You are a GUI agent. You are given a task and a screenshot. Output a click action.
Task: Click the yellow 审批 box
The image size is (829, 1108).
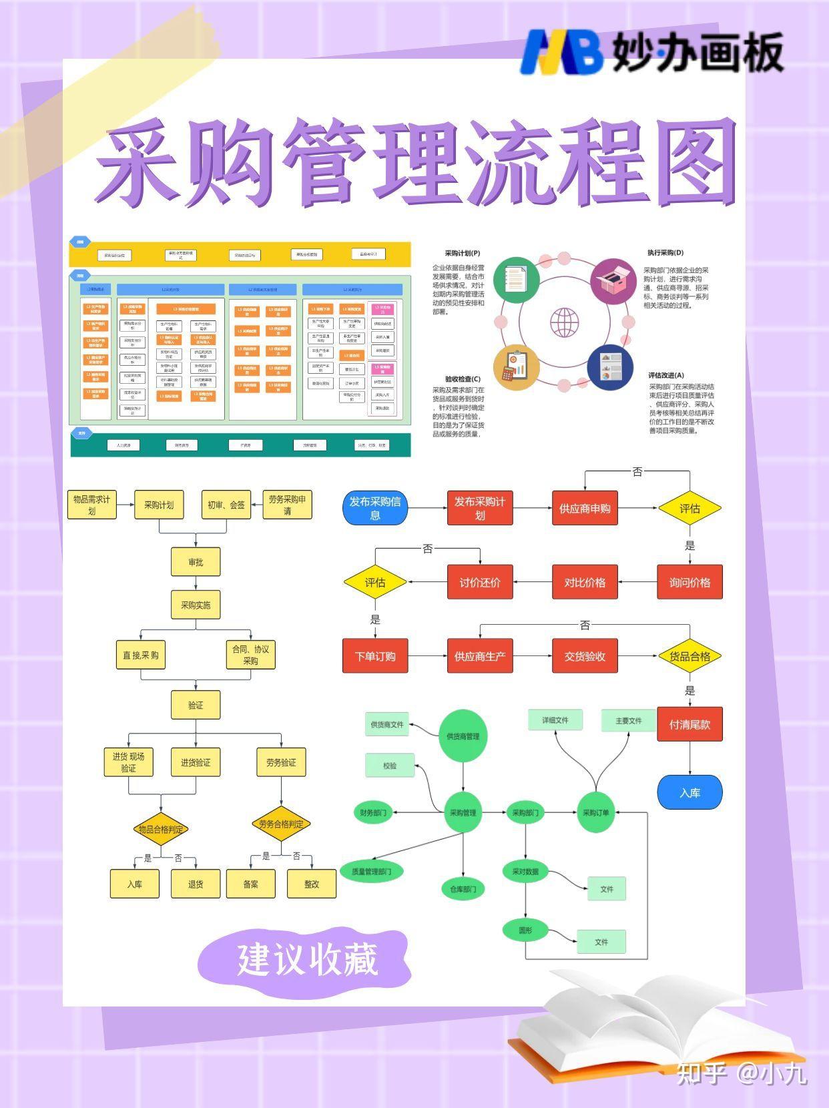pos(196,562)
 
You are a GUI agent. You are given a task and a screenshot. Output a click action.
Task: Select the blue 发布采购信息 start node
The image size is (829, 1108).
pos(375,508)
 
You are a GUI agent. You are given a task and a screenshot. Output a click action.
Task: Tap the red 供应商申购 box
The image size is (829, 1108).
pos(585,508)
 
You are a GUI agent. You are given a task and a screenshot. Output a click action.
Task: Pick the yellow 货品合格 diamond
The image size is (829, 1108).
pos(689,656)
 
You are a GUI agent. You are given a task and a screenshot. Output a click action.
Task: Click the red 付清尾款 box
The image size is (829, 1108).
pos(689,724)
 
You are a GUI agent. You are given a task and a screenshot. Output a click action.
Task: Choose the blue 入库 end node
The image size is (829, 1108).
pos(689,792)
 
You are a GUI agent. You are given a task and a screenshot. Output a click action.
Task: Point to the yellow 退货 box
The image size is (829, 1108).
pos(196,884)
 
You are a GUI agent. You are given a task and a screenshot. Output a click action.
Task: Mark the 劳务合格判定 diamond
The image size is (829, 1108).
pos(281,824)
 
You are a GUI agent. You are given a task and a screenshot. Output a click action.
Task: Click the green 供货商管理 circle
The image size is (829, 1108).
pos(463,736)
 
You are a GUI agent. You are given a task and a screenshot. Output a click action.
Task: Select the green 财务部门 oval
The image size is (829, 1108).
pos(374,812)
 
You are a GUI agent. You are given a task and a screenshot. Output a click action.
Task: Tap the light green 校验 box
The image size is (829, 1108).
pos(390,766)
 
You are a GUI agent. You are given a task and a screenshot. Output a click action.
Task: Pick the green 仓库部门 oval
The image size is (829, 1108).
pos(463,888)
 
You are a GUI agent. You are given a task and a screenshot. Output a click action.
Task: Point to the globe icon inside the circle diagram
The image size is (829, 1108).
pos(565,322)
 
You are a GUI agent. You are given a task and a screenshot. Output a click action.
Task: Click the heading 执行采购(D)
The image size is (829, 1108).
pos(665,253)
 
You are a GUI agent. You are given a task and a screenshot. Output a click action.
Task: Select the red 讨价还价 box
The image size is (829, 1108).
pos(480,582)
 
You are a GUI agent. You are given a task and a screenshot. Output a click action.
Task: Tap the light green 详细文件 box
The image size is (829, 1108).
pos(555,720)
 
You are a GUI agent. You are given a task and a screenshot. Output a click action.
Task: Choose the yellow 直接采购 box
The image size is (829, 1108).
pos(141,655)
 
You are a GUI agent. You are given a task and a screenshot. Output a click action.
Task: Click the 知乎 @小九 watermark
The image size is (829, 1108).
pos(742,1073)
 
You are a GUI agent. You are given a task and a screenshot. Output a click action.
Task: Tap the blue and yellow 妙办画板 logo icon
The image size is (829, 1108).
pos(561,51)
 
